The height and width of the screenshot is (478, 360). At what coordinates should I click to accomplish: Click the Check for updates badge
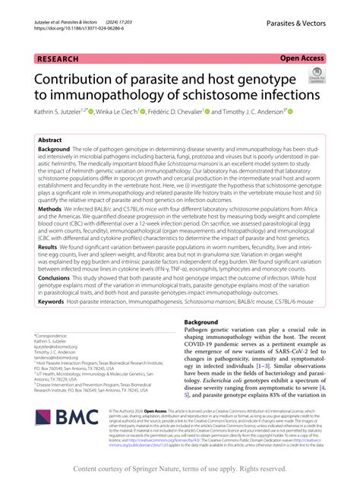point(314,74)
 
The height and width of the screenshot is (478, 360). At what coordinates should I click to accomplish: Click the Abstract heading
point(50,141)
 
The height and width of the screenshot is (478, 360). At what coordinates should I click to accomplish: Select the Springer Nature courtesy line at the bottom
point(180,468)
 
